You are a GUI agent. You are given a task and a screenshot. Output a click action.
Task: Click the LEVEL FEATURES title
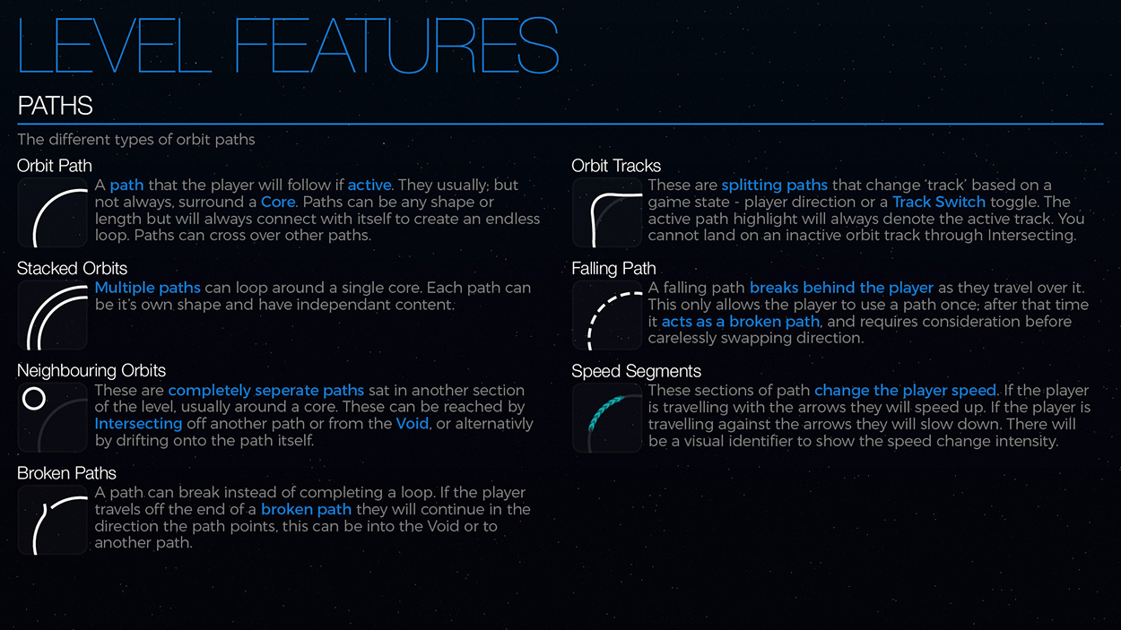tap(288, 45)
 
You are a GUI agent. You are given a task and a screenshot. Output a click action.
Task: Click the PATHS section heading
tap(55, 106)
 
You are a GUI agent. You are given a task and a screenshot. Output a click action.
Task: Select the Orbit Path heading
tap(55, 166)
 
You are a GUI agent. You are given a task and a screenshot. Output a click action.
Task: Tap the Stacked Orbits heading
tap(72, 269)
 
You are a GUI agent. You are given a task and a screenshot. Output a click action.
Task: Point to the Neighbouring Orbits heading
tap(91, 371)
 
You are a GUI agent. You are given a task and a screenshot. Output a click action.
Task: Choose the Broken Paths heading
tap(66, 473)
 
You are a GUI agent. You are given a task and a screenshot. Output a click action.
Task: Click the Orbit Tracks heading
tap(616, 166)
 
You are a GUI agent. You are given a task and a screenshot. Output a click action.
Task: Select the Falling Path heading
tap(613, 269)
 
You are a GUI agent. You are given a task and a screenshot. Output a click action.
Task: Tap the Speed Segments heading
tap(636, 371)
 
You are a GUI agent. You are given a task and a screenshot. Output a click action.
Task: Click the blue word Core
tap(278, 202)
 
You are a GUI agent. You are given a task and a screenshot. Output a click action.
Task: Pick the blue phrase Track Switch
tap(939, 202)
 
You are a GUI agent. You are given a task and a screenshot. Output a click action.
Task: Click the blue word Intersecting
tap(138, 424)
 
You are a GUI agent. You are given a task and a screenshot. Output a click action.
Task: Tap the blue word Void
tap(413, 424)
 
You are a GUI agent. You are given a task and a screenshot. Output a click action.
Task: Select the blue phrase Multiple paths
tap(148, 288)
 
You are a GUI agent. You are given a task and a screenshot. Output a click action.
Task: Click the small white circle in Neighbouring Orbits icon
tap(34, 399)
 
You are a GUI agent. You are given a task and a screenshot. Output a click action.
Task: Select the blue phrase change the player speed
tap(905, 391)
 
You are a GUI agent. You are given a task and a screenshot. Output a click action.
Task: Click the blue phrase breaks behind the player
tap(841, 288)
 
